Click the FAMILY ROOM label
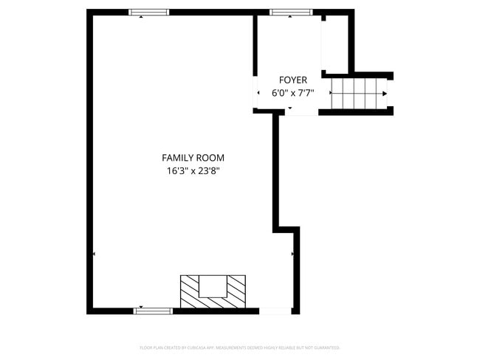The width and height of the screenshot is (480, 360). (193, 157)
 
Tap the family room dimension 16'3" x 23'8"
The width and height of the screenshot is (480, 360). (193, 170)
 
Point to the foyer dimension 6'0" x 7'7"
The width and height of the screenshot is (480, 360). (292, 93)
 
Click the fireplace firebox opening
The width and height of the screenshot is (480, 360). (213, 285)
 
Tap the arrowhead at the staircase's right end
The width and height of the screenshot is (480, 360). (385, 93)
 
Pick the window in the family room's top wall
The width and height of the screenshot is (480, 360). (149, 13)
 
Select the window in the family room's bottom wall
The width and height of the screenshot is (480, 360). (153, 311)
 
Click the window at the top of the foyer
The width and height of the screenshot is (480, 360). (291, 13)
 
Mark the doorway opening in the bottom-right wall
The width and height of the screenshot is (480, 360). (275, 311)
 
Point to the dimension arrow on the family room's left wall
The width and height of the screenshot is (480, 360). (95, 254)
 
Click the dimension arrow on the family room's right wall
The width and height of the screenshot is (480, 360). (293, 254)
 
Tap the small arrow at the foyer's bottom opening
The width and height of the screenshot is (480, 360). (290, 108)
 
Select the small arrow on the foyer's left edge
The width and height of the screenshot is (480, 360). (258, 93)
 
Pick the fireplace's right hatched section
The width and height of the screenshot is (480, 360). (237, 292)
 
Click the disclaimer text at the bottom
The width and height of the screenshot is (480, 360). (239, 347)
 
